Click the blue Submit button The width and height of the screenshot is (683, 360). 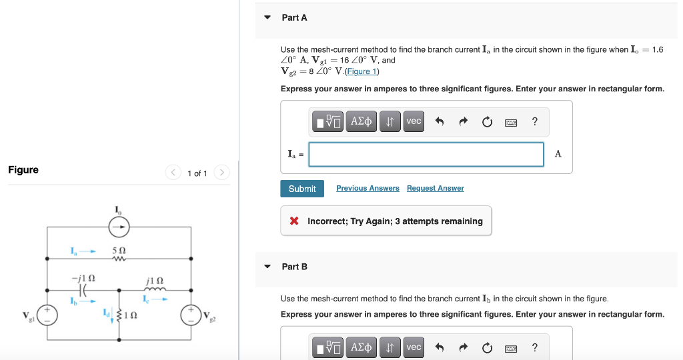click(302, 189)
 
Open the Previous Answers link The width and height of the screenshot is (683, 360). click(368, 189)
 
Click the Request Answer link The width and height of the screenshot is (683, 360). click(435, 189)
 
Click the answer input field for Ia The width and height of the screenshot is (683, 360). click(426, 154)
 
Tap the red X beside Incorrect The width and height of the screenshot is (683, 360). click(294, 221)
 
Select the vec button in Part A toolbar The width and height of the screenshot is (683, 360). click(414, 121)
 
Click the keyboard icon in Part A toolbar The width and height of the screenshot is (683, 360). click(512, 122)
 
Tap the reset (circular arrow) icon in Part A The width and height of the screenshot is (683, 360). click(488, 121)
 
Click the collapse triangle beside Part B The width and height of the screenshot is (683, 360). click(267, 267)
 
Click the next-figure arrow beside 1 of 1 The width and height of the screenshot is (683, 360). click(222, 173)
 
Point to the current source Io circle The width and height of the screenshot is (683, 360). click(119, 227)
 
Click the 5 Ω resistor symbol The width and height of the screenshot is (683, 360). click(119, 260)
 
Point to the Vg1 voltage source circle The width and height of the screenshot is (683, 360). click(47, 315)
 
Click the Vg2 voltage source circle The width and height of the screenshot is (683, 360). click(191, 315)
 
